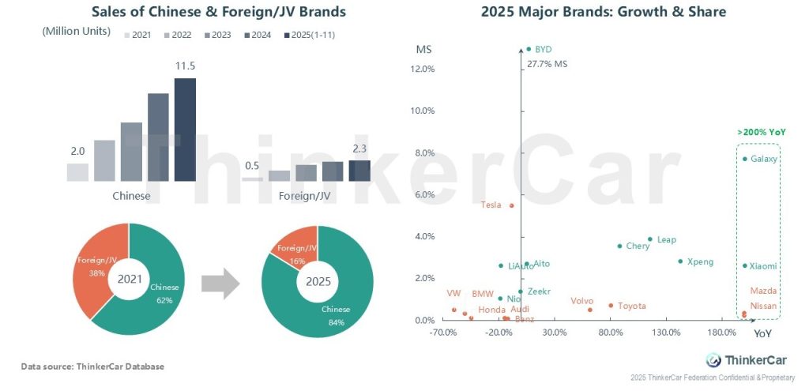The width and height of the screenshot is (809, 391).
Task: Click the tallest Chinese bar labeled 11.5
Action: pyautogui.click(x=185, y=130)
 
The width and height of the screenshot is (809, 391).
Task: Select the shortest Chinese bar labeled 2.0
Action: pyautogui.click(x=77, y=172)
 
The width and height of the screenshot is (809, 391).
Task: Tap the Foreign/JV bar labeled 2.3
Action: pyautogui.click(x=359, y=171)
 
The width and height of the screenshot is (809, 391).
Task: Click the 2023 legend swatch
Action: pyautogui.click(x=207, y=36)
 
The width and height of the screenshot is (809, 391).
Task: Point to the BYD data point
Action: pyautogui.click(x=529, y=49)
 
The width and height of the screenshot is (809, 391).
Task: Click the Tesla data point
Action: pyautogui.click(x=511, y=205)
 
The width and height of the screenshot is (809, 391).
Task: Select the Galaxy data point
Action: pyautogui.click(x=744, y=159)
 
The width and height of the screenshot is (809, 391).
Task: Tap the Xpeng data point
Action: pyautogui.click(x=679, y=261)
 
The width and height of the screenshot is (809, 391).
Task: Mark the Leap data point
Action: pyautogui.click(x=649, y=239)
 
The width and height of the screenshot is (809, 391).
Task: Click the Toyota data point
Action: pyautogui.click(x=611, y=306)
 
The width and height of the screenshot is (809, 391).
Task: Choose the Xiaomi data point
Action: pyautogui.click(x=744, y=266)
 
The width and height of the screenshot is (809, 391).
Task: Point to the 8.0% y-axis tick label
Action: pyautogui.click(x=424, y=152)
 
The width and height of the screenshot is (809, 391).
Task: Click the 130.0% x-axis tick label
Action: pyautogui.click(x=666, y=333)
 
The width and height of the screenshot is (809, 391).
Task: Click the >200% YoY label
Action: pyautogui.click(x=761, y=133)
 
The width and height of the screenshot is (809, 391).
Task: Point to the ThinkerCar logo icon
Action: pyautogui.click(x=713, y=360)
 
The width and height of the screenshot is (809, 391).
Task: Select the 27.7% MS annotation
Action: pyautogui.click(x=547, y=63)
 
